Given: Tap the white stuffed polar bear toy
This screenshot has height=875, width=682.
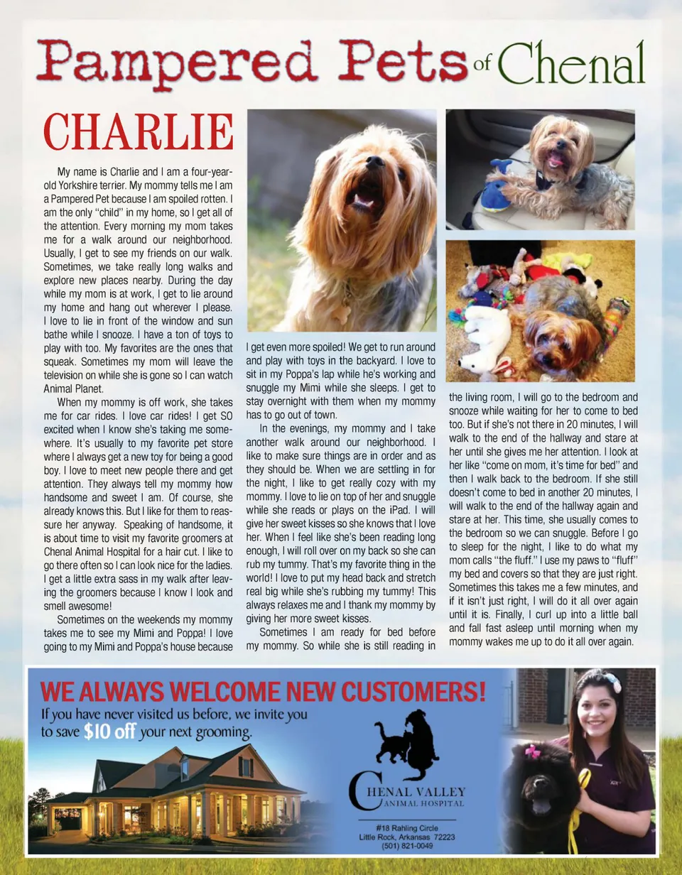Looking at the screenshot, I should point(486,341).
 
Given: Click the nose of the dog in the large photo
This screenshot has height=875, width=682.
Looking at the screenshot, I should point(375,162).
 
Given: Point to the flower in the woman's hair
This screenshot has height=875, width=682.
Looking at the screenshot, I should point(612,683).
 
